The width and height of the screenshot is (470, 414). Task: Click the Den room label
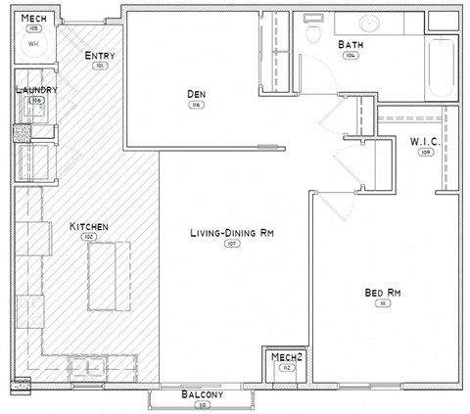click(x=196, y=94)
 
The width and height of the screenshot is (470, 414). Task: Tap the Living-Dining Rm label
click(x=232, y=233)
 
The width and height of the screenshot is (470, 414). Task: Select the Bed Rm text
click(x=382, y=293)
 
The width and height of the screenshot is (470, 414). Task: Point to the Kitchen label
click(x=88, y=227)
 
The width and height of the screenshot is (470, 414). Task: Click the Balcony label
click(x=203, y=394)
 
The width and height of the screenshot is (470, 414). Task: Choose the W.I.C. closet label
click(x=425, y=142)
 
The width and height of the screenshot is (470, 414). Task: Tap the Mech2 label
click(x=286, y=356)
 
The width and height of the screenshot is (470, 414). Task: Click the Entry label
click(x=99, y=56)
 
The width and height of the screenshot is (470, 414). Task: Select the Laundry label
click(x=37, y=89)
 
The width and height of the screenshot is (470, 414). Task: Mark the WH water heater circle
click(x=33, y=44)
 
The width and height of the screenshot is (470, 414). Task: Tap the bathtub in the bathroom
click(x=439, y=69)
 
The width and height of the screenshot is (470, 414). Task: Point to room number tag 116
click(x=196, y=105)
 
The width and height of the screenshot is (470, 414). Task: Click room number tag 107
click(x=232, y=244)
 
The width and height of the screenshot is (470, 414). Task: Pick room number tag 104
click(x=350, y=56)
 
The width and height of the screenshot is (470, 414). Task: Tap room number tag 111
click(x=382, y=303)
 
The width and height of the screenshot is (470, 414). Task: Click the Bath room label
click(x=351, y=45)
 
